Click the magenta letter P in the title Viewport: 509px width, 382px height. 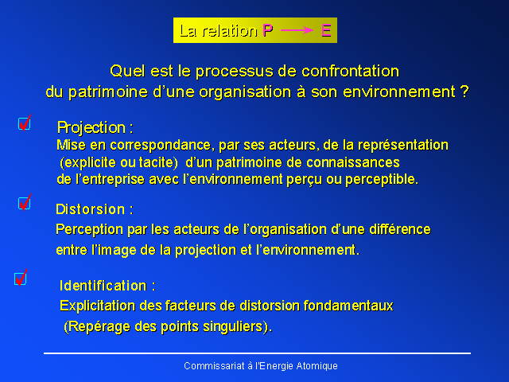[268, 30]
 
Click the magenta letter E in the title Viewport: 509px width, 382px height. [326, 30]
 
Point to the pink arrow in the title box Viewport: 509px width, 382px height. [297, 30]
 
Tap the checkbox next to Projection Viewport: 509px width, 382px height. [25, 123]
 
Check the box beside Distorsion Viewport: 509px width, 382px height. [25, 204]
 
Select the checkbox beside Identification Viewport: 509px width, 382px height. [21, 279]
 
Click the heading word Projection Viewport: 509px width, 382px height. [91, 127]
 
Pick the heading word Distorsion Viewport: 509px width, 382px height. [90, 209]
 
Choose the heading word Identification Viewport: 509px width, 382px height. [103, 286]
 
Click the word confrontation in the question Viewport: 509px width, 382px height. [350, 71]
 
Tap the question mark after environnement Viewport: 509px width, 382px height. [464, 92]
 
